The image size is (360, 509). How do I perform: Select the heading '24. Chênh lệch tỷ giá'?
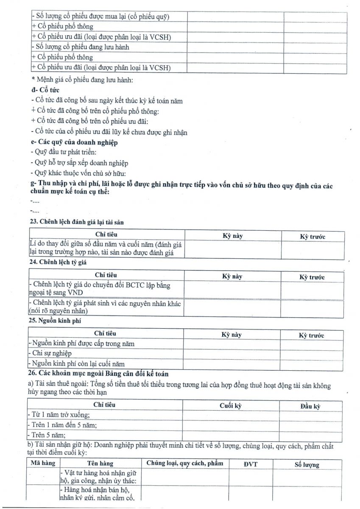click(58, 262)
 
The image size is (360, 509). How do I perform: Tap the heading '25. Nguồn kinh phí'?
click(55, 320)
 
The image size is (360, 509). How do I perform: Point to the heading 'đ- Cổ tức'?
click(45, 90)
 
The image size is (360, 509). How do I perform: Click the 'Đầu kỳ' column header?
click(310, 406)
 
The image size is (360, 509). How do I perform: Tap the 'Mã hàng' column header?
click(43, 463)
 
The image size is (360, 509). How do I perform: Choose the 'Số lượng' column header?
click(307, 464)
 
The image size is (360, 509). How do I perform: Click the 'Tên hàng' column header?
click(100, 464)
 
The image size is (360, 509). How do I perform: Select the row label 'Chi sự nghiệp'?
click(50, 353)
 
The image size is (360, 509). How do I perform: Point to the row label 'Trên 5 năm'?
click(47, 435)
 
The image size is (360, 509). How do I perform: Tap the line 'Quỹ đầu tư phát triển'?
click(64, 152)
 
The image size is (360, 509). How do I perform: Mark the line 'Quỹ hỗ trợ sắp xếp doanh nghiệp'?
click(80, 163)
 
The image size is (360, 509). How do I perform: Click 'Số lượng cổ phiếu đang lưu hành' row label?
click(81, 47)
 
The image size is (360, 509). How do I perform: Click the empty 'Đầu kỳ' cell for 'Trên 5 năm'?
click(310, 435)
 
